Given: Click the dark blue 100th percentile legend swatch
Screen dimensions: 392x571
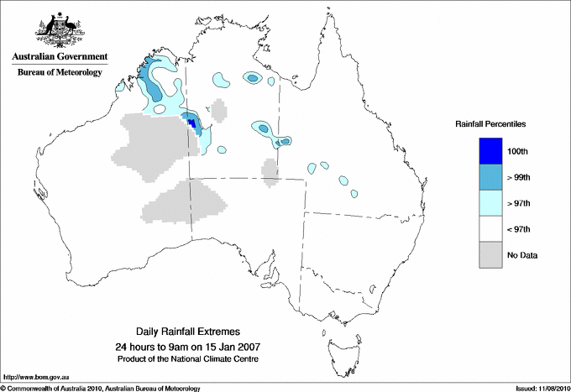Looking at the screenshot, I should click(490, 150).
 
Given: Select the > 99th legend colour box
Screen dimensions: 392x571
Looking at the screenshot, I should click(490, 176).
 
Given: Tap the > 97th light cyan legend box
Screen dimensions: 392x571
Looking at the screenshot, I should click(490, 203).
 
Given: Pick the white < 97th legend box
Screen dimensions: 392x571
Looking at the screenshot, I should click(490, 229).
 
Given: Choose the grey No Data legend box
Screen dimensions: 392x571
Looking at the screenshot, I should click(490, 255).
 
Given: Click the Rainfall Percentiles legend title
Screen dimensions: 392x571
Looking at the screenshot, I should click(490, 123).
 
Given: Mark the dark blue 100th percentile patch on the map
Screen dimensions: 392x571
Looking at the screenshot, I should click(192, 123).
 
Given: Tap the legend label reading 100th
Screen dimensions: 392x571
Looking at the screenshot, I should click(528, 150).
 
